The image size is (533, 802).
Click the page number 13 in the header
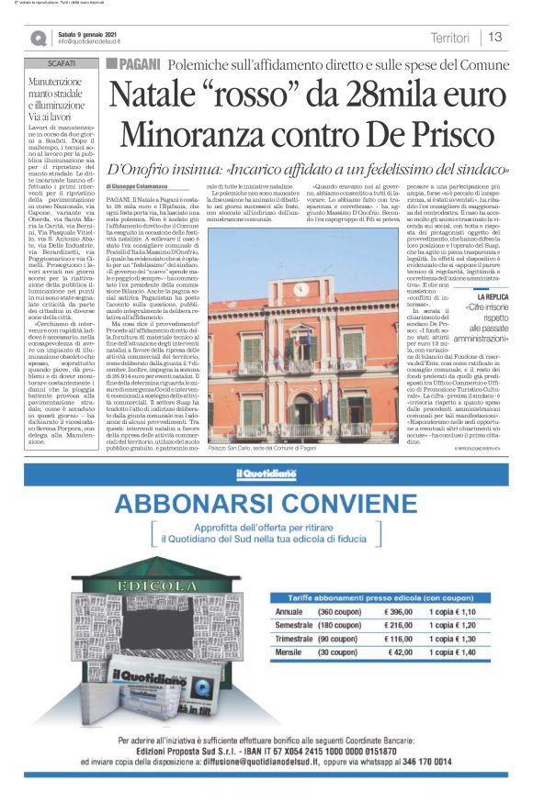click(x=494, y=38)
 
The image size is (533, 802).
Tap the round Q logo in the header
click(x=37, y=38)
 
